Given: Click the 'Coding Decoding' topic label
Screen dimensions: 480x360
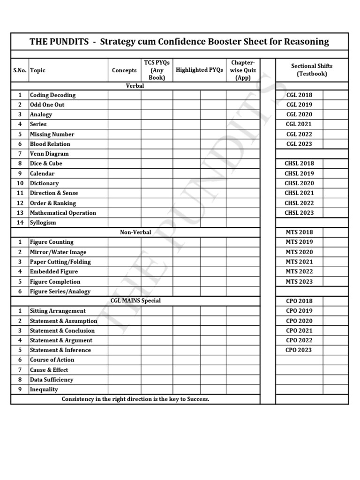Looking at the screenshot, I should pyautogui.click(x=52, y=95).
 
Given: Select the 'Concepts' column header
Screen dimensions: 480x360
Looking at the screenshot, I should pyautogui.click(x=124, y=70).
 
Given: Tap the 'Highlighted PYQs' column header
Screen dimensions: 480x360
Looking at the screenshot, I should pyautogui.click(x=199, y=70).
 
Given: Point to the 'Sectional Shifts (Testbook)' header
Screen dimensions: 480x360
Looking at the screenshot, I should pyautogui.click(x=312, y=70).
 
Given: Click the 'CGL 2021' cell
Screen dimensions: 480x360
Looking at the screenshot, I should pyautogui.click(x=299, y=124).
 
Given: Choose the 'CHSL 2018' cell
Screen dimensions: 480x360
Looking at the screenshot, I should pyautogui.click(x=299, y=164).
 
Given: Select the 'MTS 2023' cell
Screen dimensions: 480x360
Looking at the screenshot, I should pyautogui.click(x=299, y=282).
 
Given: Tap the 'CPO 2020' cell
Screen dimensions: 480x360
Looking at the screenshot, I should pyautogui.click(x=299, y=321).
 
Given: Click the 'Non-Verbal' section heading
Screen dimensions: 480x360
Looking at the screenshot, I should pyautogui.click(x=135, y=232).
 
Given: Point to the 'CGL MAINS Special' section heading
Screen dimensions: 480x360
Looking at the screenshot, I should pyautogui.click(x=135, y=300).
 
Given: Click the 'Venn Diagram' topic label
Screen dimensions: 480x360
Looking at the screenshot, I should pyautogui.click(x=49, y=154).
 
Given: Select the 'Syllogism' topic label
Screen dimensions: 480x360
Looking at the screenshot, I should pyautogui.click(x=43, y=223).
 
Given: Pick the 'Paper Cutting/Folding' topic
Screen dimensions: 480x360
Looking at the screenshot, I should pyautogui.click(x=60, y=262).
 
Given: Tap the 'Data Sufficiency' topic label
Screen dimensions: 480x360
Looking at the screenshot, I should pyautogui.click(x=52, y=380).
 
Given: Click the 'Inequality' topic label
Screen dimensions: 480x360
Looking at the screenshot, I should pyautogui.click(x=44, y=390).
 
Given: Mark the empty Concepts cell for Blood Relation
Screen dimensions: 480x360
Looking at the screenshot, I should pyautogui.click(x=124, y=144).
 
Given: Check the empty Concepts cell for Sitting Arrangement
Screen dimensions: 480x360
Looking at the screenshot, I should pyautogui.click(x=124, y=311).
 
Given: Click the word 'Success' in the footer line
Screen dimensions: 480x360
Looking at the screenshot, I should pyautogui.click(x=196, y=399).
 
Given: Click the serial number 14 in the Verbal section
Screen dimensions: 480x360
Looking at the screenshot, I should pyautogui.click(x=20, y=223).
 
